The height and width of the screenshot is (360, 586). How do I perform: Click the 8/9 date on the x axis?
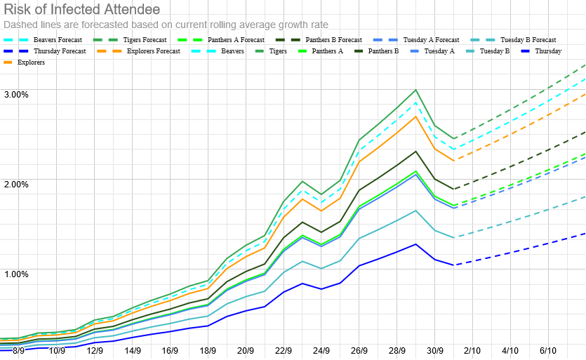(x=18, y=350)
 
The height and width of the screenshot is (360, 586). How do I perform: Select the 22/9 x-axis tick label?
(x=284, y=350)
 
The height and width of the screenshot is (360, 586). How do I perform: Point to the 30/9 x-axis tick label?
(x=434, y=350)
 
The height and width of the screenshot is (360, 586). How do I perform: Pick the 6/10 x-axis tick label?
(x=548, y=350)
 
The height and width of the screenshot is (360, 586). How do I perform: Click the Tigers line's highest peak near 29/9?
(x=416, y=90)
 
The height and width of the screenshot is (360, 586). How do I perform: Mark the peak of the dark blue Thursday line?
(x=416, y=244)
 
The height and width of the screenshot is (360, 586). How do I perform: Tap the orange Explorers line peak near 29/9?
(x=416, y=116)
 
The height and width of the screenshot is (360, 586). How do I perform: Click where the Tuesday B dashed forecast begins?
(x=454, y=237)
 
